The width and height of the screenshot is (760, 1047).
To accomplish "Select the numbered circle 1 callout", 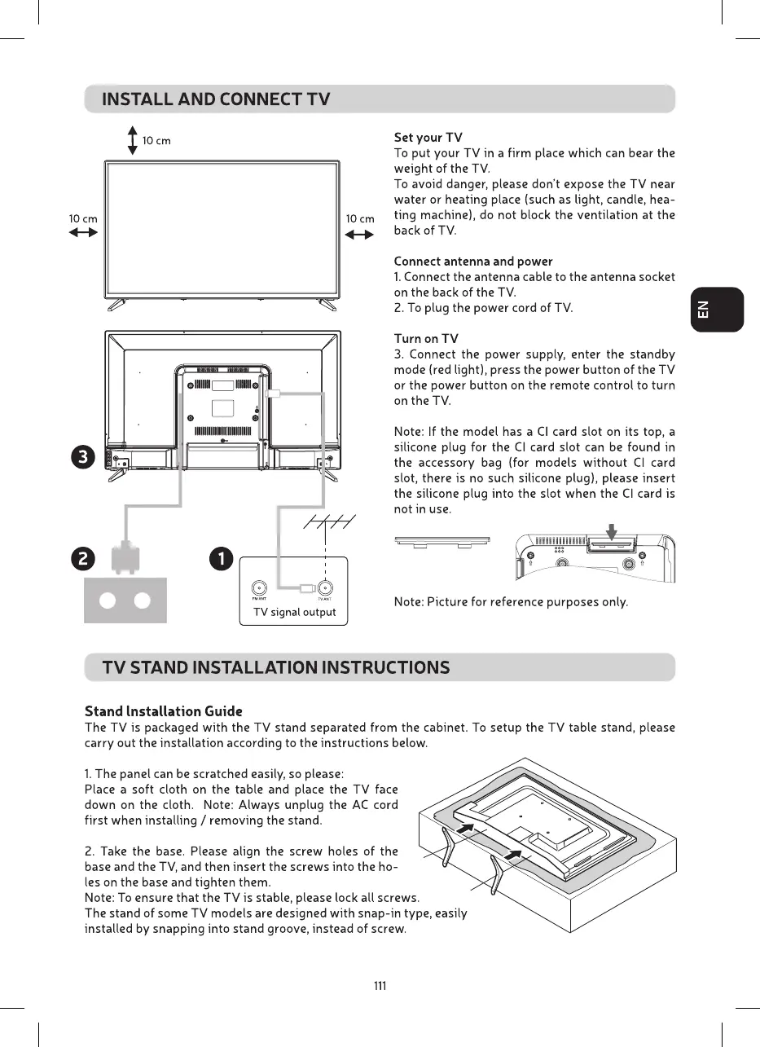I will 221,560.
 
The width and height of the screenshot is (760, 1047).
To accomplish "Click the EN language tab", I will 717,310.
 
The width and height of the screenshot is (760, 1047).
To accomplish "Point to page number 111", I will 380,986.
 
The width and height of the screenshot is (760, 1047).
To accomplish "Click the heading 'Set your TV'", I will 428,138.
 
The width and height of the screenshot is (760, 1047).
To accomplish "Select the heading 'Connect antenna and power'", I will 473,262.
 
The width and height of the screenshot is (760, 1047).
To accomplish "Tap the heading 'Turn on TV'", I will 426,339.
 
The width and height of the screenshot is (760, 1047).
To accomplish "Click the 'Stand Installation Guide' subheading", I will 164,711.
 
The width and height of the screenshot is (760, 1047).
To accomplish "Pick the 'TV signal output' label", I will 294,612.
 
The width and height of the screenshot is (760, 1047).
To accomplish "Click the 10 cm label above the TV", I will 156,141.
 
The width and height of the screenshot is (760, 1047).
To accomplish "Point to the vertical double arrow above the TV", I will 132,140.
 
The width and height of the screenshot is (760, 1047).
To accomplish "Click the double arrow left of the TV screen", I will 83,232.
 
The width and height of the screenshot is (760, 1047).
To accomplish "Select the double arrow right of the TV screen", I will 359,235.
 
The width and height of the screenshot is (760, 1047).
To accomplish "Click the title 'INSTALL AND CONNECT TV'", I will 216,100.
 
